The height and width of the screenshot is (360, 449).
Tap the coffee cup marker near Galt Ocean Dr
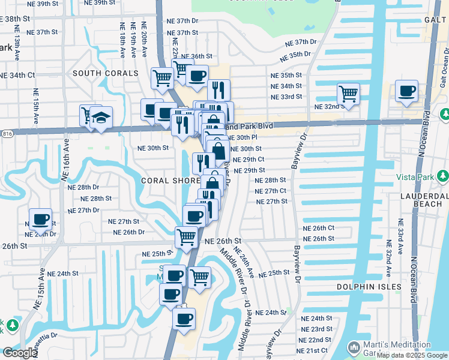coord(406,91)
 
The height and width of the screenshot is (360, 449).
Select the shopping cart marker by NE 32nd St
coord(348,94)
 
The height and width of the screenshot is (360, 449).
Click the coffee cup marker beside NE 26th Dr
coord(40,219)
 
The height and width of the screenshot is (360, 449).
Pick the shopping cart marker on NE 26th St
coord(187,238)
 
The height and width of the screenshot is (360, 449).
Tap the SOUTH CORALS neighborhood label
coord(106,73)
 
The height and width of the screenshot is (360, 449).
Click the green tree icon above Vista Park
coord(442,176)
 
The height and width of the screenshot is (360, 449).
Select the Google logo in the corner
coord(19,353)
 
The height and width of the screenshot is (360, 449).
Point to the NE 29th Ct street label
coord(249,160)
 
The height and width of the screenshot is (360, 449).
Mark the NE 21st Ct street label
coord(313,350)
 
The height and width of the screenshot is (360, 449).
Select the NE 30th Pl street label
coord(245,137)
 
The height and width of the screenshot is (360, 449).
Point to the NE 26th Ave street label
coord(248,262)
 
